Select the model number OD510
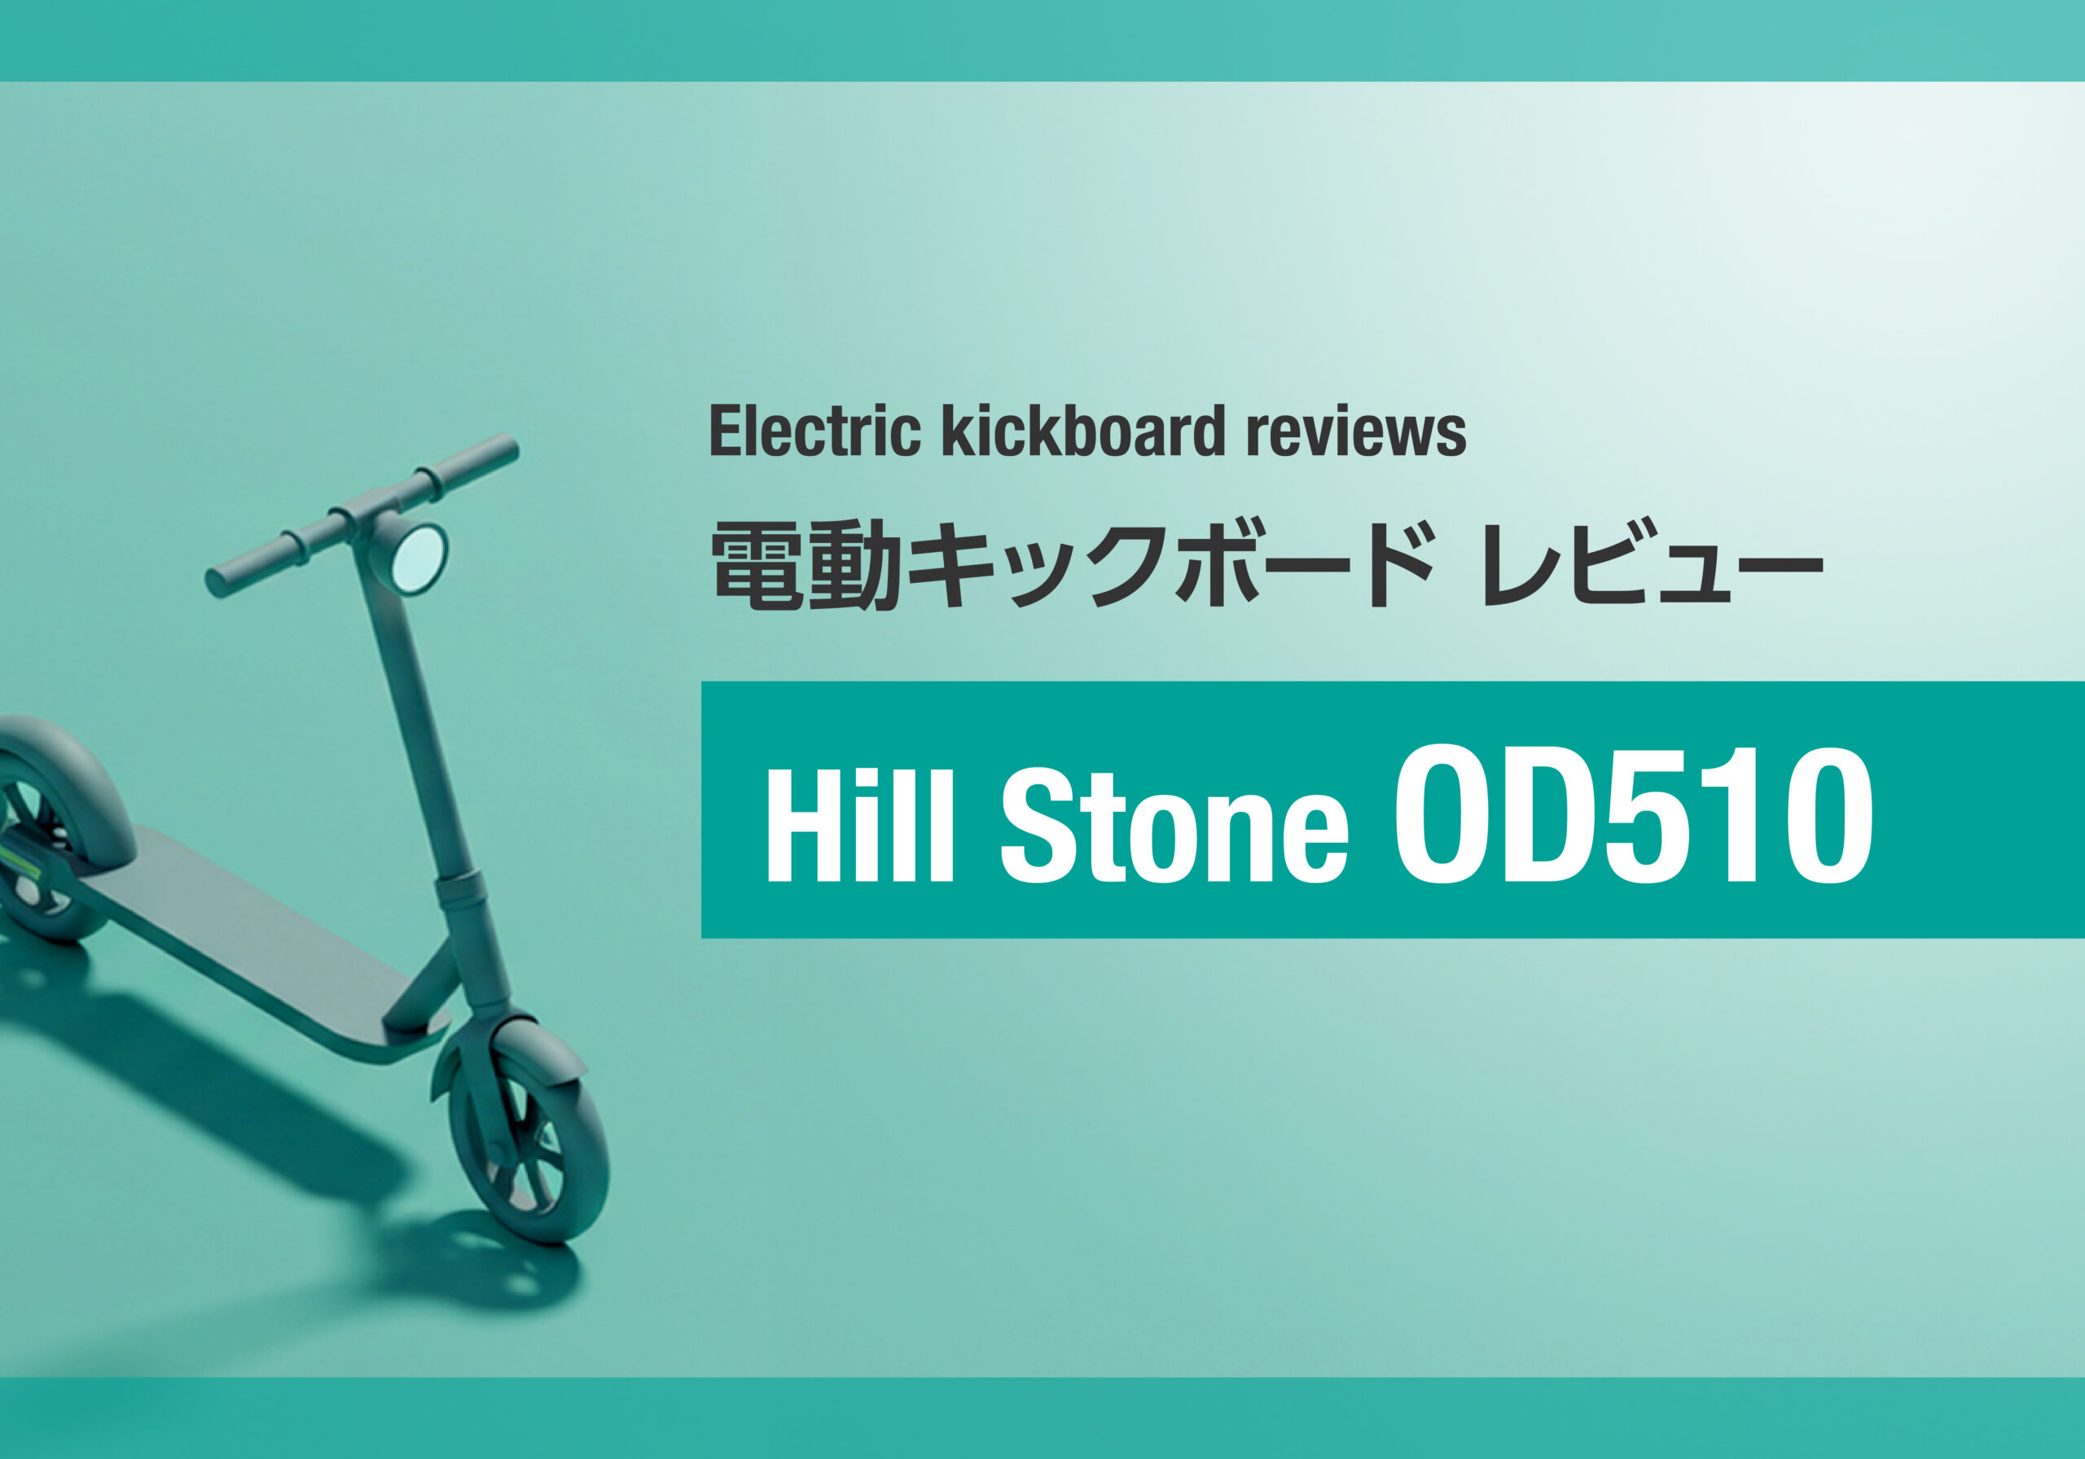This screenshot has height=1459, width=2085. point(1632,814)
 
